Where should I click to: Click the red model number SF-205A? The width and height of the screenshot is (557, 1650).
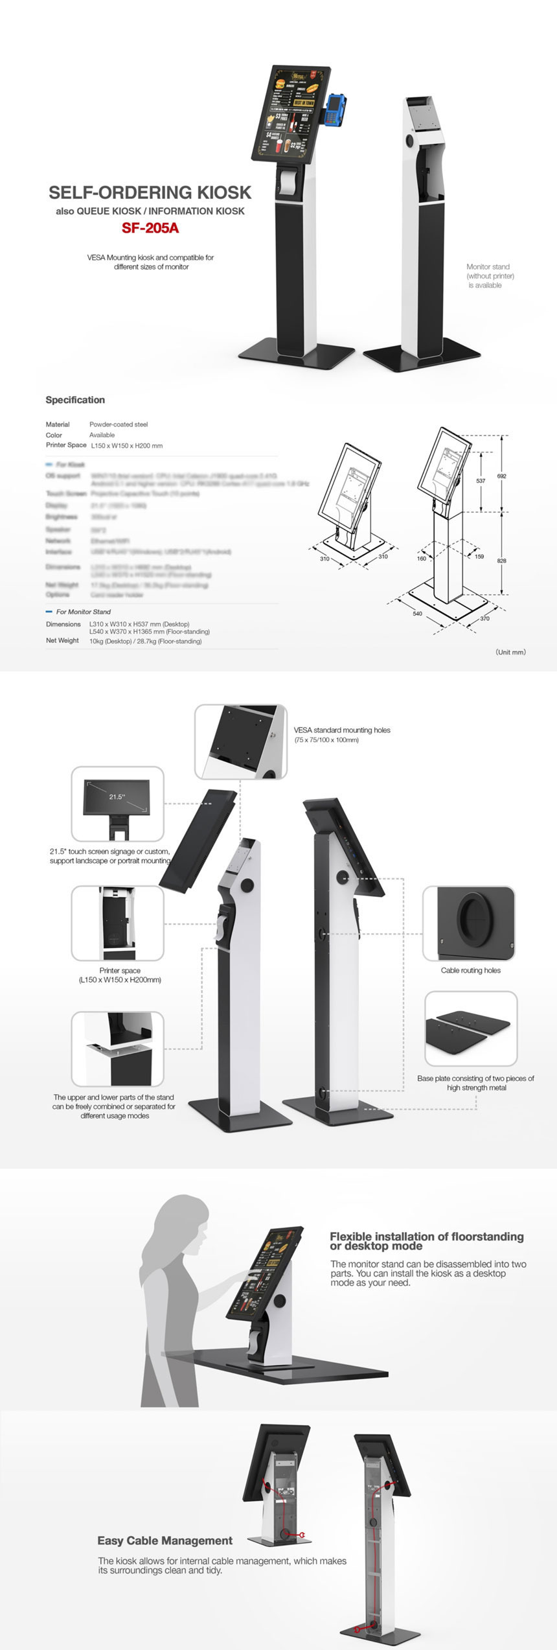click(150, 228)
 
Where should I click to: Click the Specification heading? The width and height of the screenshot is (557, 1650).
click(75, 400)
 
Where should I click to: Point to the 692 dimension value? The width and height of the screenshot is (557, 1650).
click(501, 476)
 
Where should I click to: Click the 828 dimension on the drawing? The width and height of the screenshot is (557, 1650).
click(501, 561)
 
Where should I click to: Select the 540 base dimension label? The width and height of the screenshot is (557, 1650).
click(417, 613)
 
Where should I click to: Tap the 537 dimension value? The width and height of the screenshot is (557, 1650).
click(481, 481)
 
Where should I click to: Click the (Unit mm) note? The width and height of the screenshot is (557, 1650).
click(510, 652)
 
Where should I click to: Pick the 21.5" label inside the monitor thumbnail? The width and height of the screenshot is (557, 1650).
click(117, 796)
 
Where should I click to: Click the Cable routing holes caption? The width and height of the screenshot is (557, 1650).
click(471, 970)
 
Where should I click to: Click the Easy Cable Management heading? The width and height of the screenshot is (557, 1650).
click(165, 1540)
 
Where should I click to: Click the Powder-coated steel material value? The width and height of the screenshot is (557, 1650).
click(119, 424)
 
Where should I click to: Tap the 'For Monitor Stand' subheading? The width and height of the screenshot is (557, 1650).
click(83, 612)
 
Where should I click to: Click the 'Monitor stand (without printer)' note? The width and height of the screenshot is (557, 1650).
click(490, 275)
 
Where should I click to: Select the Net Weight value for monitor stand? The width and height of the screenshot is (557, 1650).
click(145, 641)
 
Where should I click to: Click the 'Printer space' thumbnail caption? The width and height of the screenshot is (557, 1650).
click(120, 975)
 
